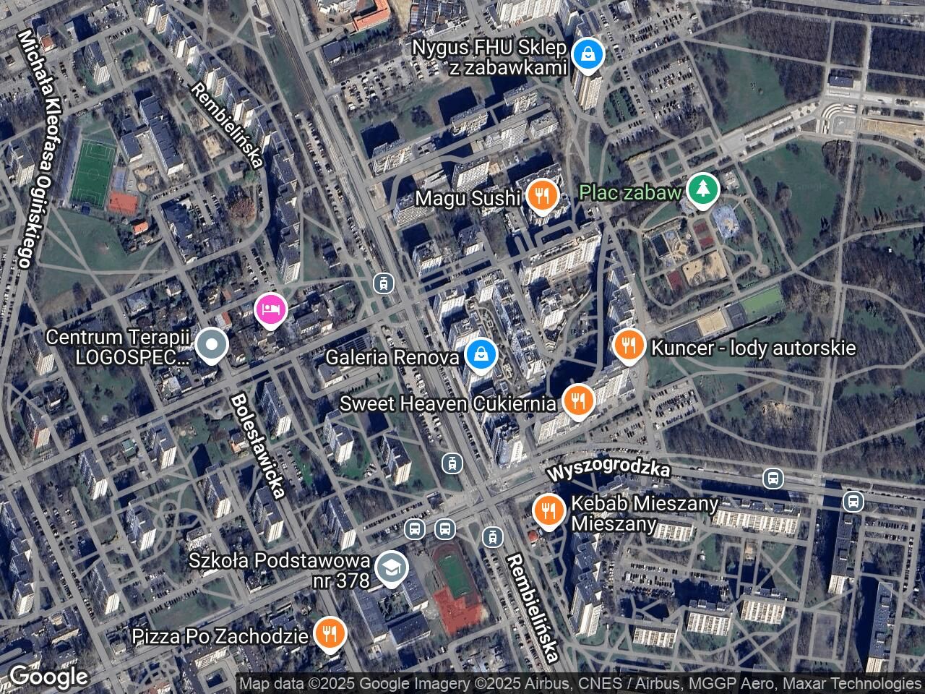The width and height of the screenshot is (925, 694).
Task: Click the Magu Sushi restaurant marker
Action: [x=540, y=195]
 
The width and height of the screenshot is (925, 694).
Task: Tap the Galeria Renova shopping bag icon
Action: [x=478, y=355]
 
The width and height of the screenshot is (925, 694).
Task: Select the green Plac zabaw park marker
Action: [x=702, y=189]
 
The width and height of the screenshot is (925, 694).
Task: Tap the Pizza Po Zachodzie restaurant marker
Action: [x=330, y=634]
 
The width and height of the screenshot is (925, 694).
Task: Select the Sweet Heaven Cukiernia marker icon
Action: [x=577, y=400]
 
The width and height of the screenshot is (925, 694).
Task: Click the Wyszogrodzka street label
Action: [x=608, y=471]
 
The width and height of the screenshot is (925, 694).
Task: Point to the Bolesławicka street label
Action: [x=257, y=445]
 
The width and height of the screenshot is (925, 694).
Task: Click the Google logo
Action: [x=48, y=677]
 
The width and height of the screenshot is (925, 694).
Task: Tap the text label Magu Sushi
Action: [x=468, y=197]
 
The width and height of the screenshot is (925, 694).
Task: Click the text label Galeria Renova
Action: [x=392, y=357]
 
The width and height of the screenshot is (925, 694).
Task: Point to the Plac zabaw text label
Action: [x=631, y=192]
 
